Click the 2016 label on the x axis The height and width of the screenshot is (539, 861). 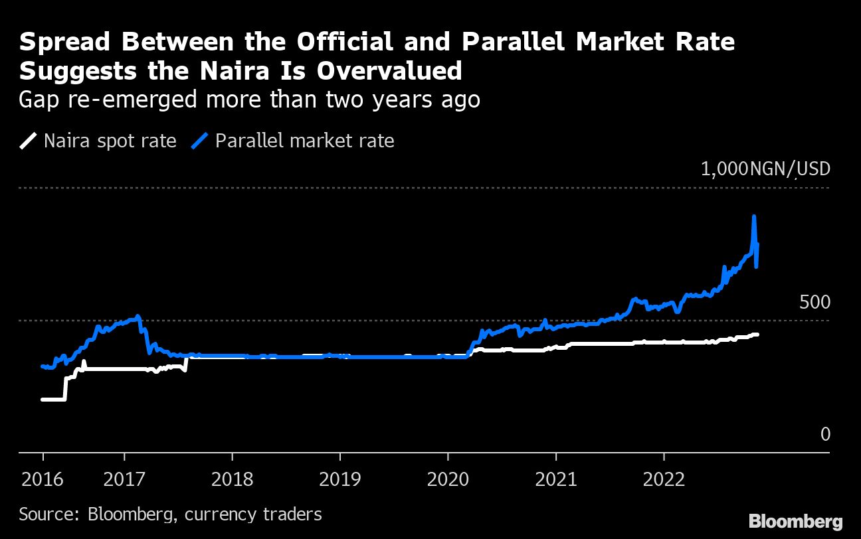click(43, 479)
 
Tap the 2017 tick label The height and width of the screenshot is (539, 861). click(124, 479)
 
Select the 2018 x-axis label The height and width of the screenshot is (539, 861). click(232, 479)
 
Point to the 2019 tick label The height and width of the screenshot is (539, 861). click(340, 479)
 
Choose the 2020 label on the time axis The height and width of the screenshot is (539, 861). click(448, 479)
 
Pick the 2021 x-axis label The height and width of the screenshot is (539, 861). click(556, 479)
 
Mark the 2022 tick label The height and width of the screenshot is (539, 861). click(664, 479)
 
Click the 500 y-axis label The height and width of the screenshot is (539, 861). click(814, 303)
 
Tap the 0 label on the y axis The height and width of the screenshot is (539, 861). click(825, 434)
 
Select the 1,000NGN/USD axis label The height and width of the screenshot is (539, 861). click(765, 169)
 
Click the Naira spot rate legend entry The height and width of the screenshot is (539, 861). click(98, 141)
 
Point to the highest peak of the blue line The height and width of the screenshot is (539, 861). click(754, 216)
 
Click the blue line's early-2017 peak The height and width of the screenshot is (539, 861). click(138, 316)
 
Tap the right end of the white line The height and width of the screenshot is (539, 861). click(757, 335)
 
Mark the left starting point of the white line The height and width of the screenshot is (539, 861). click(43, 400)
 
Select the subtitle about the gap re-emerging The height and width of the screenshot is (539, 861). click(249, 100)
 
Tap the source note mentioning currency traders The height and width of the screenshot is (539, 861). click(170, 513)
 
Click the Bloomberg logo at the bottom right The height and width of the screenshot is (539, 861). click(795, 521)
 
